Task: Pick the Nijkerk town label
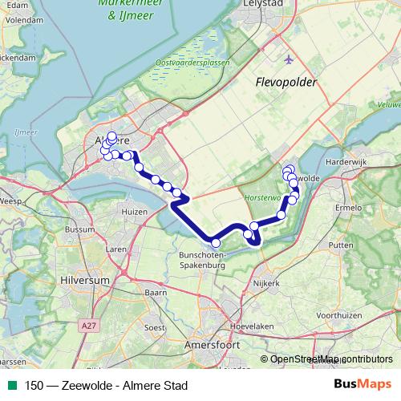pos(266,283)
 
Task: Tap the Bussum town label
pos(79,229)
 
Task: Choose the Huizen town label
pos(134,211)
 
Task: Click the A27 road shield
pos(90,325)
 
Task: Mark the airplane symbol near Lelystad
pos(289,59)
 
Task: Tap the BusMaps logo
pos(364,385)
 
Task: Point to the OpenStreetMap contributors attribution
pos(330,358)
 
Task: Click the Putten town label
pos(341,245)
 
